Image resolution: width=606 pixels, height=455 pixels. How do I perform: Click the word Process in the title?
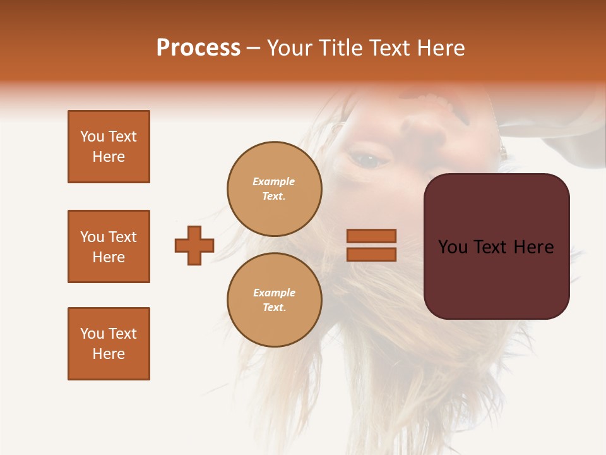click(x=198, y=48)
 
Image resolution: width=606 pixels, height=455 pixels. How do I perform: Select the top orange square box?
click(x=109, y=147)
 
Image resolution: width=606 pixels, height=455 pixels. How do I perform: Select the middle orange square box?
click(x=109, y=246)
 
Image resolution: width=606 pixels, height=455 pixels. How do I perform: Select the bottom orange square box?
click(x=109, y=344)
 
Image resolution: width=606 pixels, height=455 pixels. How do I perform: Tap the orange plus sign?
click(x=194, y=245)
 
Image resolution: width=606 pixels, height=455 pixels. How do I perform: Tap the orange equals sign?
click(x=371, y=245)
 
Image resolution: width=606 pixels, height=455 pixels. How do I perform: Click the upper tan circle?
click(x=275, y=189)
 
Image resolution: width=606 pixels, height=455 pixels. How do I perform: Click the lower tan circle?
click(x=275, y=300)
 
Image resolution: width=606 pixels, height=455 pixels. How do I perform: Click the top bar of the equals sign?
click(x=371, y=236)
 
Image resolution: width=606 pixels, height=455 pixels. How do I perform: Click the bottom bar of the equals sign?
click(x=371, y=255)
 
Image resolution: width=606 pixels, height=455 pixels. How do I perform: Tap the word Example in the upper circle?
click(x=274, y=181)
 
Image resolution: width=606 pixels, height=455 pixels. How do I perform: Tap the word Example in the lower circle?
click(x=274, y=293)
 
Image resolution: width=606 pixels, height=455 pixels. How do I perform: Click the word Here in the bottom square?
click(x=109, y=354)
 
